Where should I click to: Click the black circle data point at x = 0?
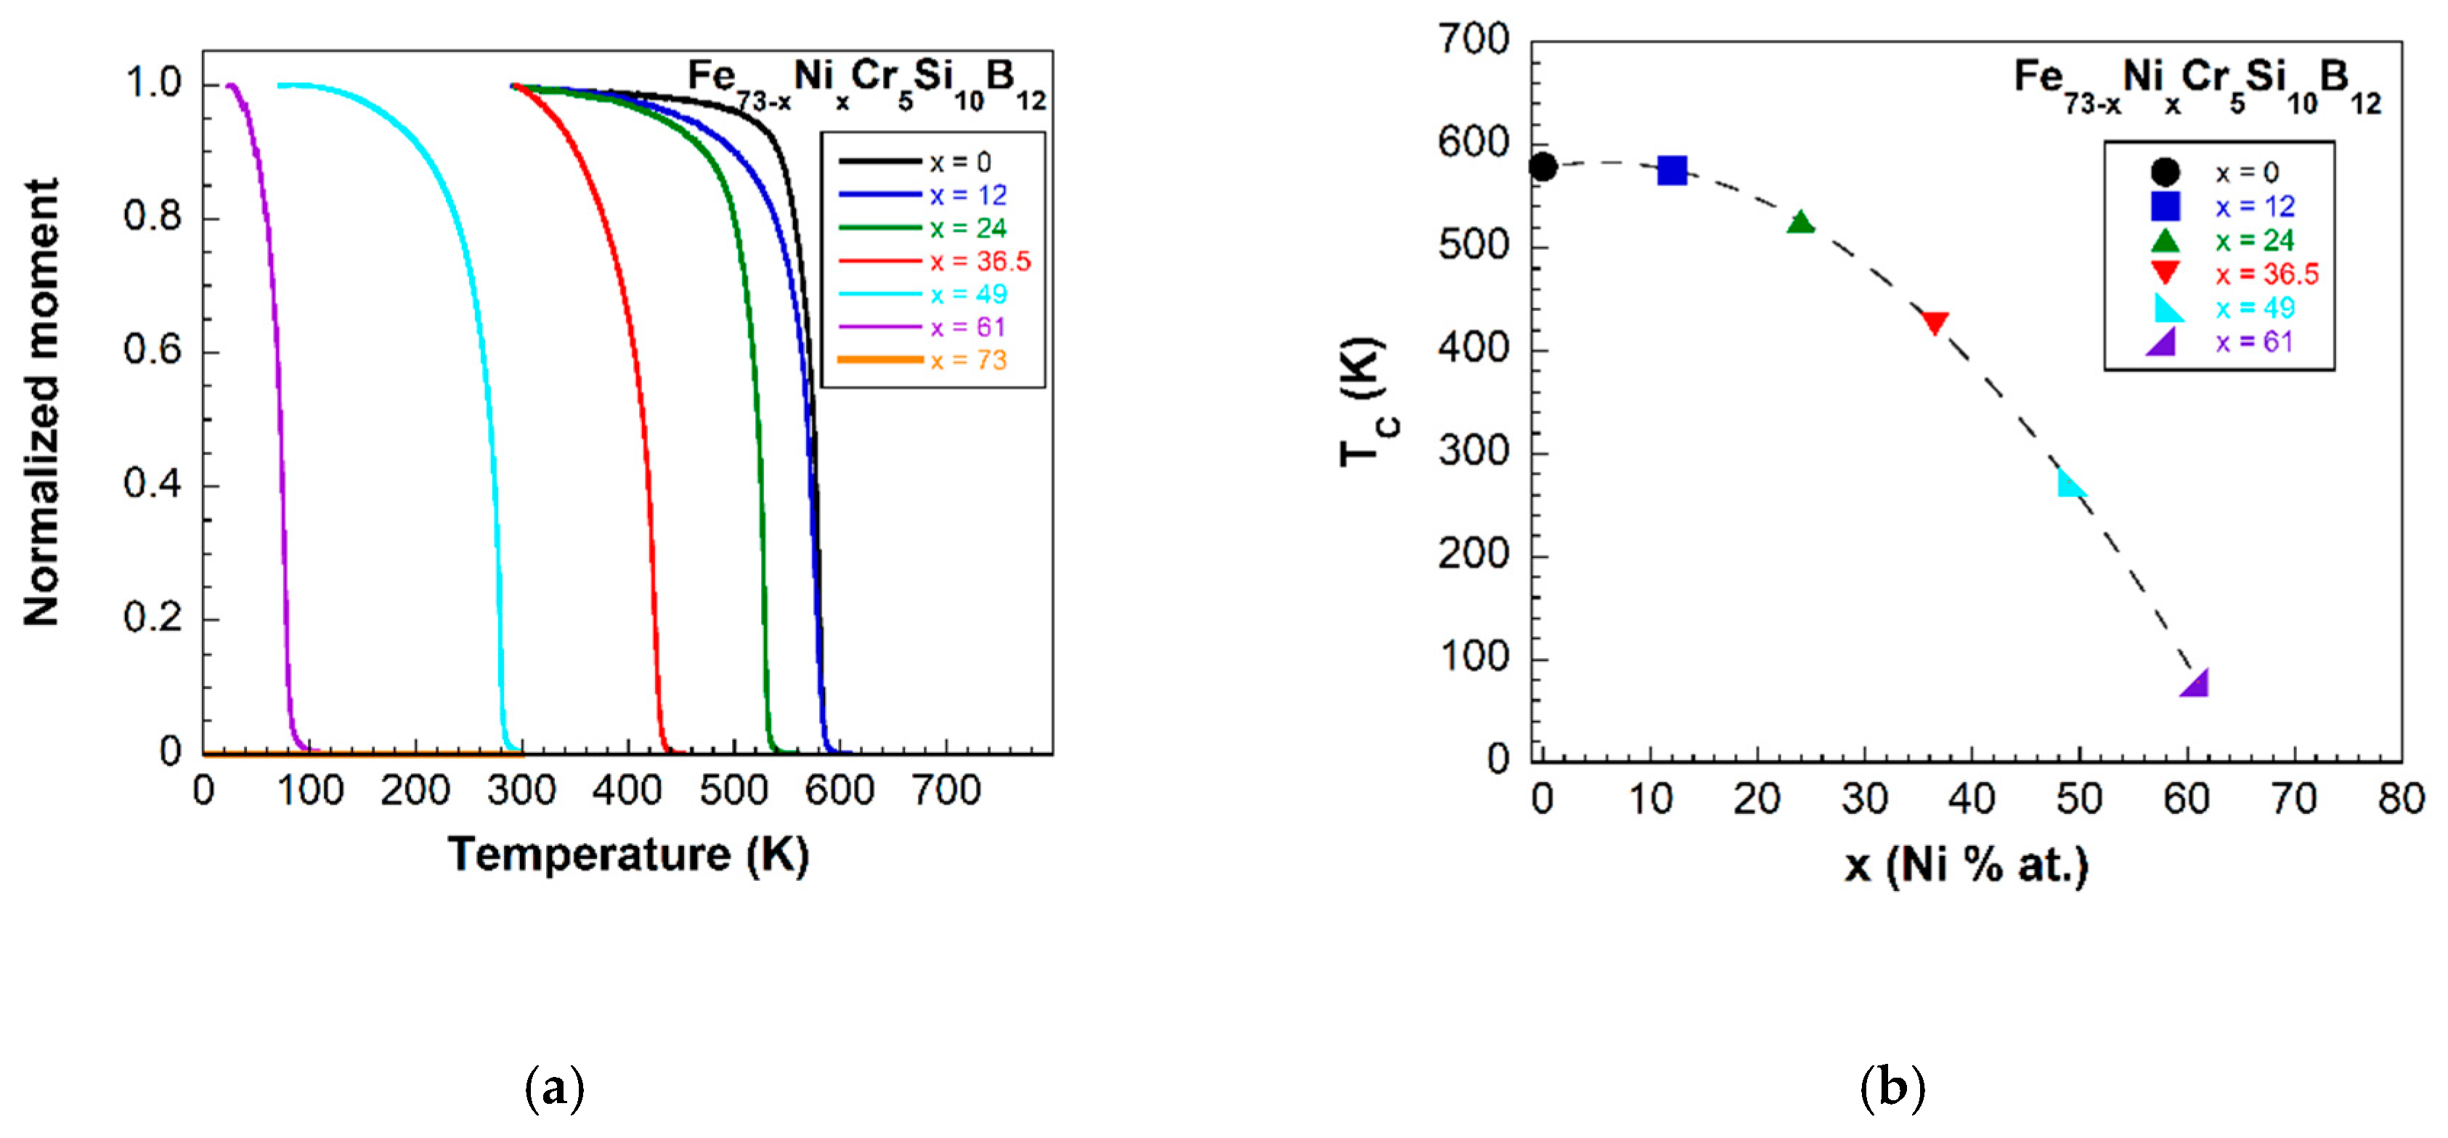(x=1542, y=167)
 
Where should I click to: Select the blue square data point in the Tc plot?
(x=1672, y=171)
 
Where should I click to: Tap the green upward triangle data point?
(x=1800, y=223)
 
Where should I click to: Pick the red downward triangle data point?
(x=1935, y=323)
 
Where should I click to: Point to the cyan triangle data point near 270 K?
(x=2069, y=485)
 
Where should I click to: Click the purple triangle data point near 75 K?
(x=2195, y=682)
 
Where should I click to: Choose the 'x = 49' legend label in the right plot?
(x=2254, y=308)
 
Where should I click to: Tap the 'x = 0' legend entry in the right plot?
(x=2247, y=172)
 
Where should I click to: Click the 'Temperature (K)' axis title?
(x=628, y=854)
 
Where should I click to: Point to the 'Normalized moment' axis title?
(x=42, y=401)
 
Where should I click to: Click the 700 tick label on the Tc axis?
(x=1473, y=40)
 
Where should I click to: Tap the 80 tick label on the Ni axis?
(x=2402, y=799)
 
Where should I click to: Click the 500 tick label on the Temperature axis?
(x=733, y=790)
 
